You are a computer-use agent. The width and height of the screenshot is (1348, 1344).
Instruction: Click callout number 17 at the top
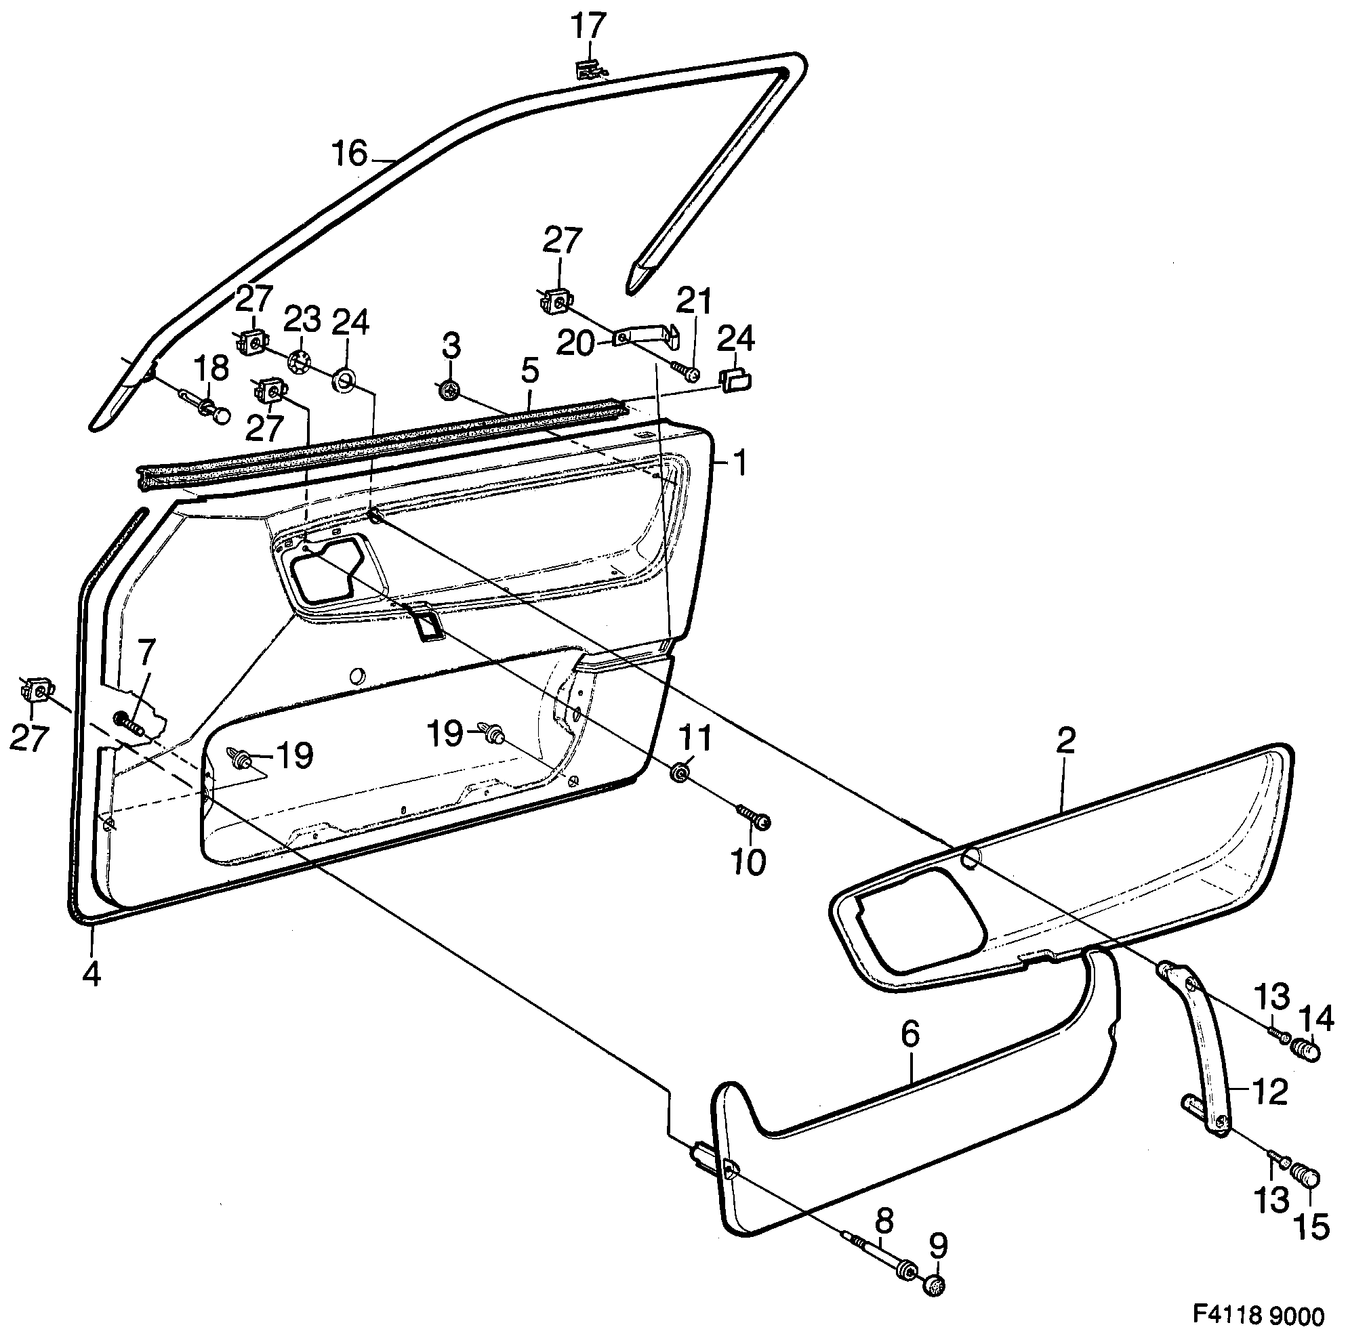588,28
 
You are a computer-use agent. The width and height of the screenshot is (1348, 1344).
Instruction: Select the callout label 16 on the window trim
350,154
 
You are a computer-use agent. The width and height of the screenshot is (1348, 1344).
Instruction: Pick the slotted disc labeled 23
300,362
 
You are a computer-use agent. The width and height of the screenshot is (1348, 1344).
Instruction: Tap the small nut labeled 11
680,773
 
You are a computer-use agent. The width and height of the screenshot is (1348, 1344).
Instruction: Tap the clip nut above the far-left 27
35,691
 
